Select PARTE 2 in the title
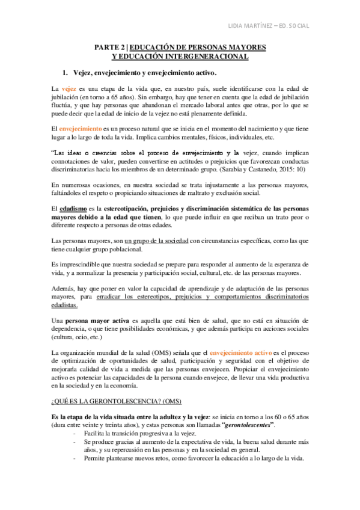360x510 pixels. [x=112, y=47]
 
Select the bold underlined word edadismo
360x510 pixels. [x=73, y=208]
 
